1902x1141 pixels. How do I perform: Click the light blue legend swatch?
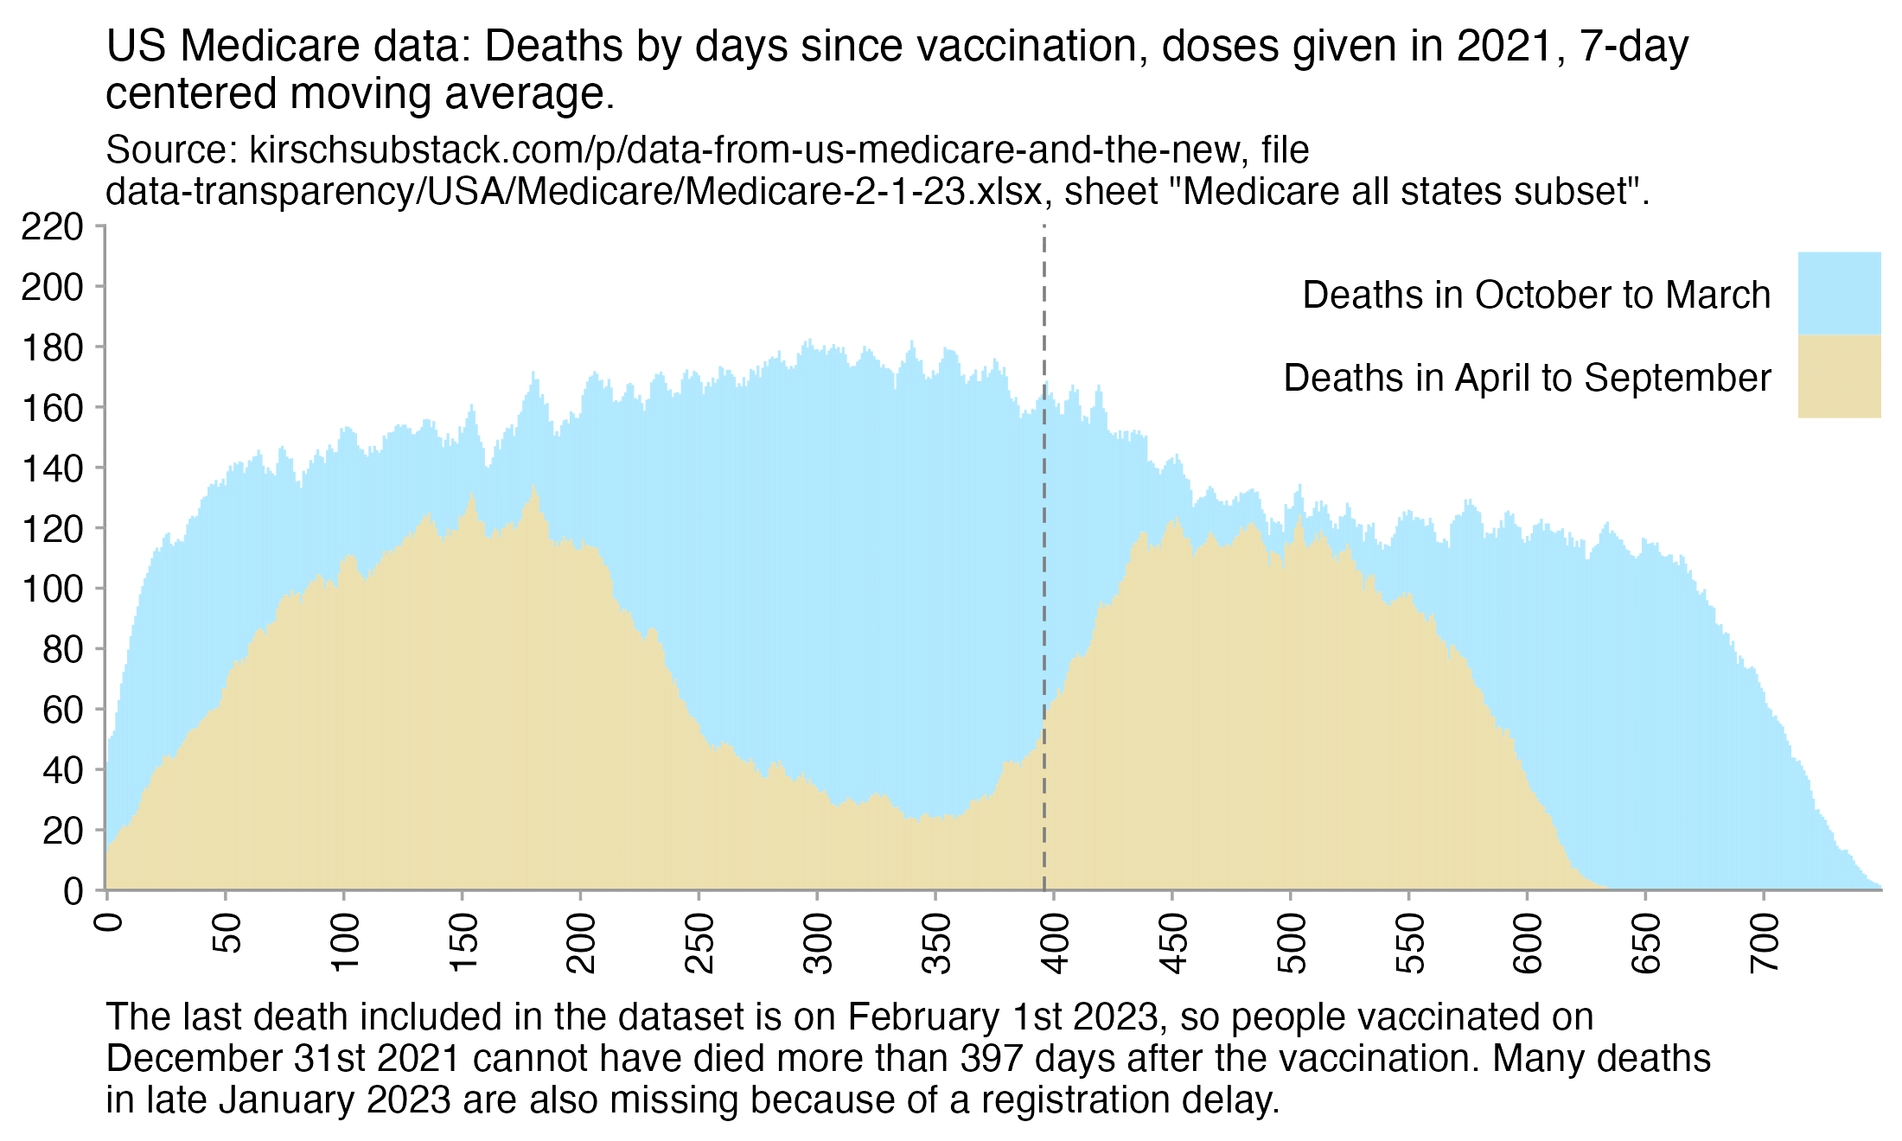[x=1839, y=294]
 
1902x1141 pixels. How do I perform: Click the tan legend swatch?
[x=1839, y=377]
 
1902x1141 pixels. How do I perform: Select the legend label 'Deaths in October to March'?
[x=1536, y=296]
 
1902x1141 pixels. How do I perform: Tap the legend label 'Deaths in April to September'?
[x=1527, y=379]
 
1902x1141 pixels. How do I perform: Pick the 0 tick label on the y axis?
[x=73, y=891]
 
